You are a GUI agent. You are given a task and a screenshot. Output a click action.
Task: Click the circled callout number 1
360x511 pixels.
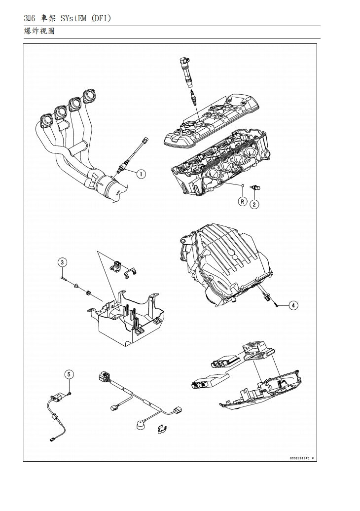click(x=141, y=174)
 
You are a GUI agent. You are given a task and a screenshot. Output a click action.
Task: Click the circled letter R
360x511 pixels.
click(x=243, y=201)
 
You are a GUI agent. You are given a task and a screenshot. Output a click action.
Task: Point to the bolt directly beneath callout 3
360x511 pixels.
click(x=64, y=278)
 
